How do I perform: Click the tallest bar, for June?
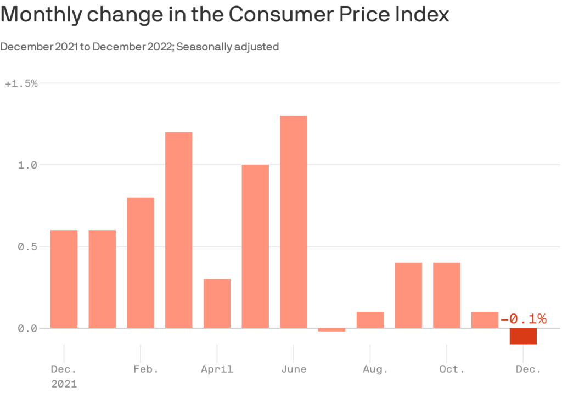click(x=293, y=222)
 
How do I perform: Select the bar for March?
click(x=178, y=230)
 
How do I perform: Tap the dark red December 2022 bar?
click(x=523, y=336)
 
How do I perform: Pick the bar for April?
click(x=217, y=304)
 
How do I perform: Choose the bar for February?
click(x=140, y=263)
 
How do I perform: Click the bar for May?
click(x=255, y=246)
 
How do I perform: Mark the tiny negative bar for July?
click(x=331, y=330)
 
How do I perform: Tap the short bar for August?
click(x=370, y=320)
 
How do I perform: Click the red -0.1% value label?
click(x=523, y=319)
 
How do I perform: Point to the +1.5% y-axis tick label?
click(x=21, y=83)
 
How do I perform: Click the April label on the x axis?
click(x=217, y=369)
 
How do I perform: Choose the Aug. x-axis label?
click(x=375, y=369)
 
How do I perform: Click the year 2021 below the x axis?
click(x=64, y=384)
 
